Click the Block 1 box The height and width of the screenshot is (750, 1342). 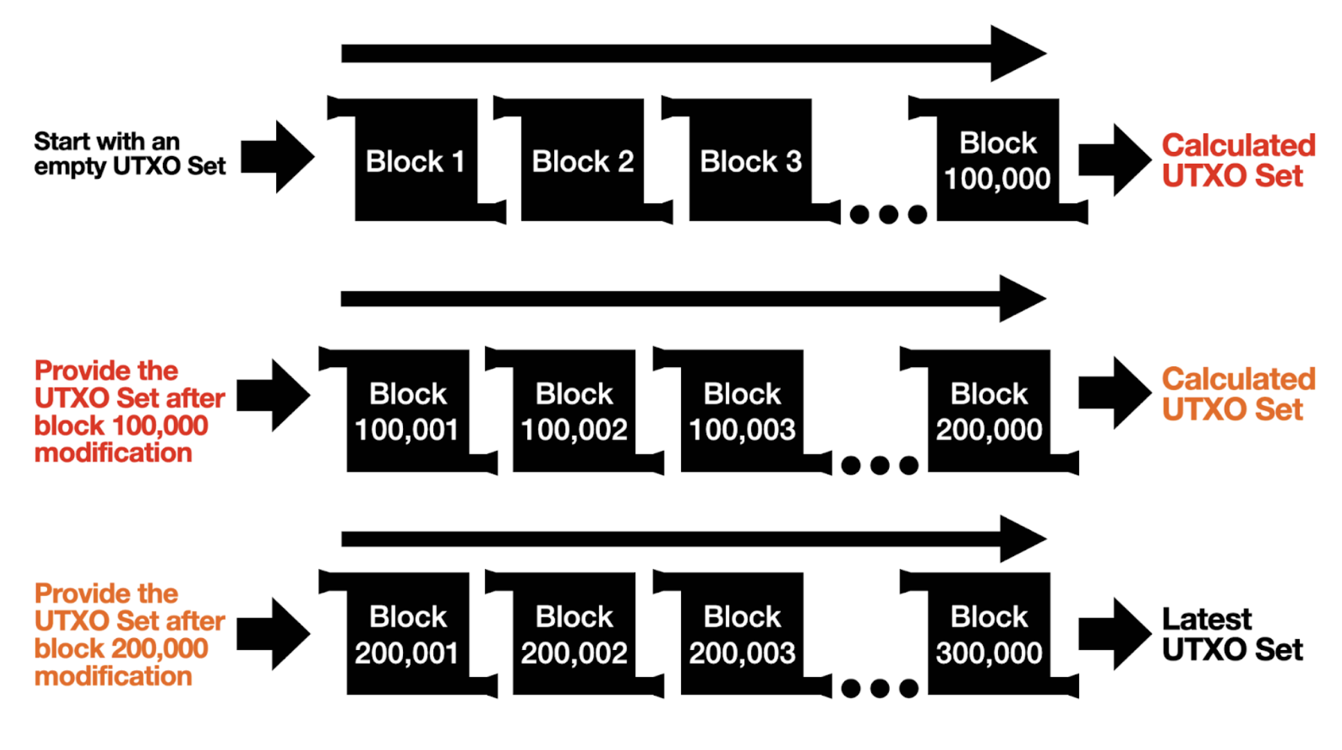(x=416, y=160)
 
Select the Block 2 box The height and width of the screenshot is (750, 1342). (x=583, y=160)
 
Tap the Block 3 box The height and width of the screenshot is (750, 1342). (x=750, y=160)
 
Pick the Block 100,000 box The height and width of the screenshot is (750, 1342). (x=998, y=160)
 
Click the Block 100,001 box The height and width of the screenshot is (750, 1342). (x=408, y=411)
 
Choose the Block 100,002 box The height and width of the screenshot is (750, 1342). (x=574, y=411)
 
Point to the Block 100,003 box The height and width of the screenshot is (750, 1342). (x=742, y=411)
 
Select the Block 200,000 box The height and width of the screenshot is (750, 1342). (x=989, y=411)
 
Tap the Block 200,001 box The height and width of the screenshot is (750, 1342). (x=408, y=634)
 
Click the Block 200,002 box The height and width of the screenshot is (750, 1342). (x=574, y=634)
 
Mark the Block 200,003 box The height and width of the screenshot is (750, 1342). (x=742, y=634)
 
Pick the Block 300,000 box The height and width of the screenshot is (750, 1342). (x=989, y=634)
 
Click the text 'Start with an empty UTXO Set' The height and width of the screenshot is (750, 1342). (x=130, y=154)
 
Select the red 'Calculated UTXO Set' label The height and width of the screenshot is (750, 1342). (x=1239, y=160)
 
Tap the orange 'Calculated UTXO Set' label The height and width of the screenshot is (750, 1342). (x=1239, y=394)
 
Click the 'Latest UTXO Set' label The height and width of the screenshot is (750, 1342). (x=1232, y=634)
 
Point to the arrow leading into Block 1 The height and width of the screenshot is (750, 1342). (x=277, y=157)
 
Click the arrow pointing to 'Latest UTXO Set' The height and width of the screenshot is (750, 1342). (x=1115, y=634)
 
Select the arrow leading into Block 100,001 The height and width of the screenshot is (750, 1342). (x=273, y=395)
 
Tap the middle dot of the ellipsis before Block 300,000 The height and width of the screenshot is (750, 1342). (x=879, y=688)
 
